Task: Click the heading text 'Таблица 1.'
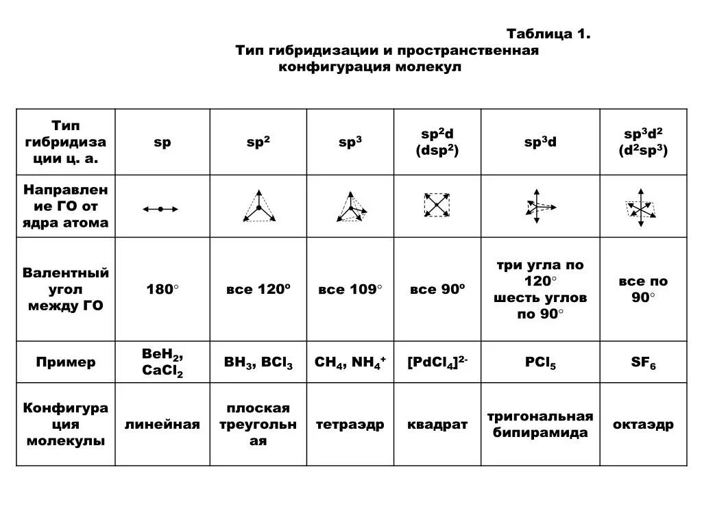(548, 34)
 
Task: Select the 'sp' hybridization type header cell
(162, 142)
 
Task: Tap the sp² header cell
(258, 142)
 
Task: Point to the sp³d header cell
(540, 142)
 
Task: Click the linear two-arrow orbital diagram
(160, 208)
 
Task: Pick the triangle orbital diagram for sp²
(258, 206)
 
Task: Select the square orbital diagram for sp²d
(437, 205)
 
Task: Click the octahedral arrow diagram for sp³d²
(642, 206)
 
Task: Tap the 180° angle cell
(162, 289)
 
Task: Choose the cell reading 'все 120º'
(258, 289)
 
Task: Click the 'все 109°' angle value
(350, 289)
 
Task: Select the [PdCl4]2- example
(437, 362)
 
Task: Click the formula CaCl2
(162, 371)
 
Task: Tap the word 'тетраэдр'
(350, 425)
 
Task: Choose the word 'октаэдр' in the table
(643, 425)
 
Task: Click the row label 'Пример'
(66, 362)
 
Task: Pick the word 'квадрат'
(437, 425)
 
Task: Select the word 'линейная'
(162, 425)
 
